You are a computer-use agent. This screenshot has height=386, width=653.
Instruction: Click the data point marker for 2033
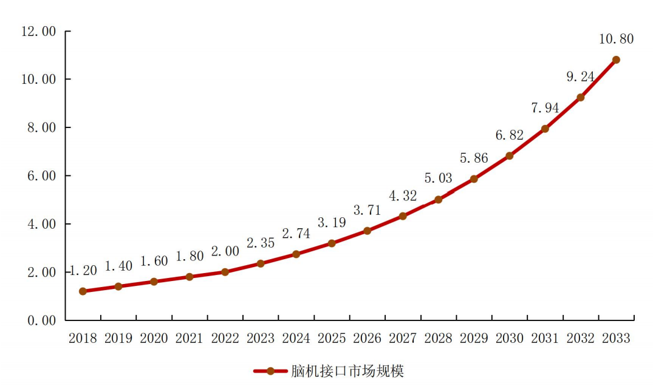[616, 59]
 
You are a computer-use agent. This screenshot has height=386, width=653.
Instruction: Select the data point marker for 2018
[83, 291]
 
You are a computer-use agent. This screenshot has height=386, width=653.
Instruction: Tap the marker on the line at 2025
[332, 243]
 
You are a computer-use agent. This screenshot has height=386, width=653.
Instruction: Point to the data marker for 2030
[510, 156]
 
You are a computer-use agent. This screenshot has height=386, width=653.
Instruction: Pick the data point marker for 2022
[225, 272]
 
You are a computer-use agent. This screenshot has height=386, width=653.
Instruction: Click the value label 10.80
[616, 39]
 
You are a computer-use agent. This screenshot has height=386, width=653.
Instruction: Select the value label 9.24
[580, 77]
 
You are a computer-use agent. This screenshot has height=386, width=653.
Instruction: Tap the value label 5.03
[439, 179]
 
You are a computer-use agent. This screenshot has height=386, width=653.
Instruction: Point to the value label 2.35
[260, 243]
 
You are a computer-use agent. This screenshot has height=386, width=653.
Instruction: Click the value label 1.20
[83, 271]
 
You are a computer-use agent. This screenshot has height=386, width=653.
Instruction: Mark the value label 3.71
[368, 211]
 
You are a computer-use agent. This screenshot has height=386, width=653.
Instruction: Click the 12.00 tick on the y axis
[38, 31]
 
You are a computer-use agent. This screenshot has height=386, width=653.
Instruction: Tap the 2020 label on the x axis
[154, 339]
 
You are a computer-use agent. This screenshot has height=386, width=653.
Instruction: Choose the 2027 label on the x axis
[403, 339]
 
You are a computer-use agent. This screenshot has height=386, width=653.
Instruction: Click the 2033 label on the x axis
[616, 339]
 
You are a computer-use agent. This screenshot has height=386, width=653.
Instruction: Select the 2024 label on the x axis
[296, 339]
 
